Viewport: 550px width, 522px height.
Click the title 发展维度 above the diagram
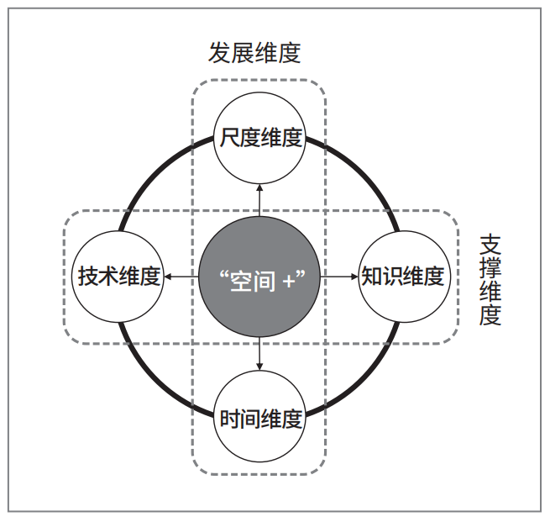254,53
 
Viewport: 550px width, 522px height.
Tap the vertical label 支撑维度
490,281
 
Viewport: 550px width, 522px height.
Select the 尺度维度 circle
259,138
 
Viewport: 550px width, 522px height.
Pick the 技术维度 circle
118,277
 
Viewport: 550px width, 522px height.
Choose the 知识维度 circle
404,277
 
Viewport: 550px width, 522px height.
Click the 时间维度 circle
259,416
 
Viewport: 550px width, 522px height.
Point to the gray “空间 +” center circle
259,277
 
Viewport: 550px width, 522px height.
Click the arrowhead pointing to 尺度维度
259,187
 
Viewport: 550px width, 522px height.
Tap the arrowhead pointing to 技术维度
168,277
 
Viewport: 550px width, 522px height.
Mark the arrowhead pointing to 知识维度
354,277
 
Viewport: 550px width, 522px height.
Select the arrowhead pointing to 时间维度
259,366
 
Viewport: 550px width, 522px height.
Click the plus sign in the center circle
289,282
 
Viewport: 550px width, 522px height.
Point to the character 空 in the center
241,281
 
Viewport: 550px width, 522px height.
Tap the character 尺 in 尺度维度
230,137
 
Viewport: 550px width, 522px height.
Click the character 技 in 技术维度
88,277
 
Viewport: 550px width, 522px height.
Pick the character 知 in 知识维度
372,277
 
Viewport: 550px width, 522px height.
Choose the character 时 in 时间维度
230,419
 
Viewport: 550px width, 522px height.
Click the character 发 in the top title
220,53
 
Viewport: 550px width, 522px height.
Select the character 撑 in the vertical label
490,268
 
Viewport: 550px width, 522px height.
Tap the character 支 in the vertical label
490,245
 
